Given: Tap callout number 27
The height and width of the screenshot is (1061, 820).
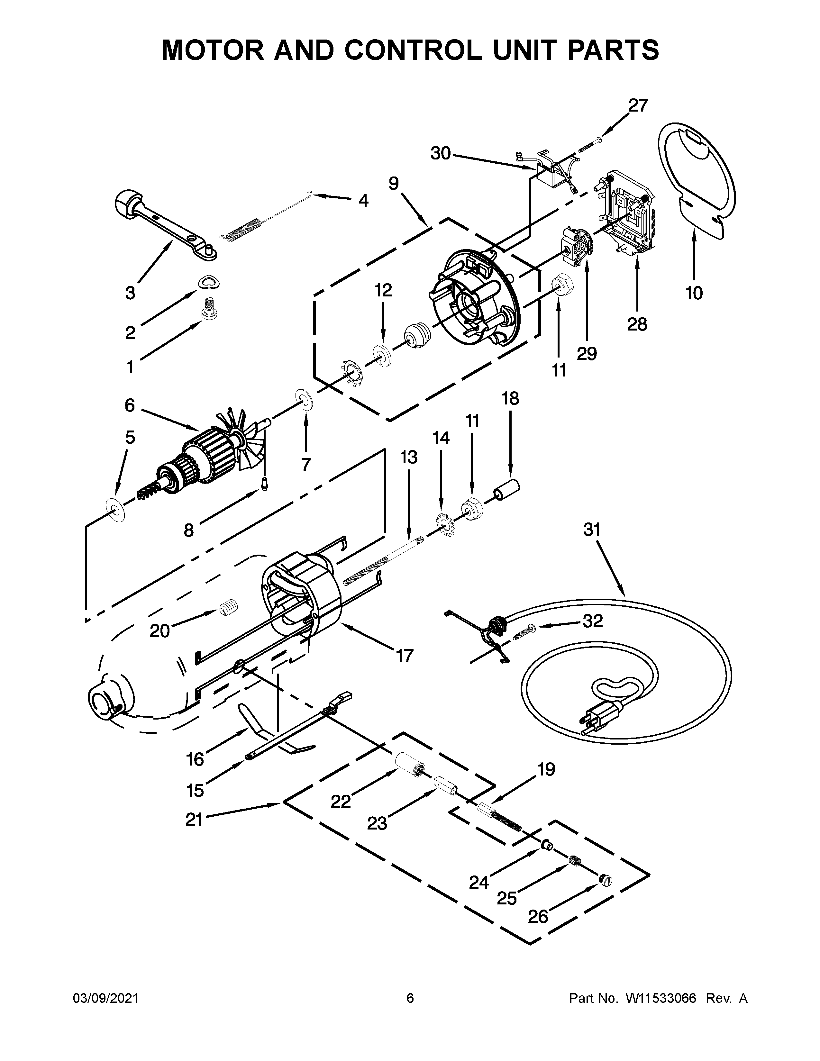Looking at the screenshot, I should [x=638, y=105].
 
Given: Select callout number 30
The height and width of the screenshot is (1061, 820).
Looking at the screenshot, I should [x=440, y=153].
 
